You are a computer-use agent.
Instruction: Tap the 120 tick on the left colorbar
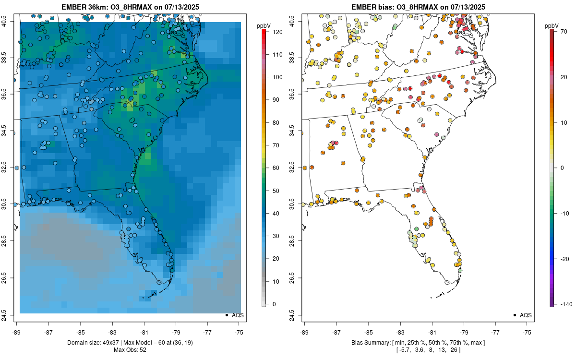tap(276, 32)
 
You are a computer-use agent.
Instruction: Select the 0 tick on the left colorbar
tap(273, 304)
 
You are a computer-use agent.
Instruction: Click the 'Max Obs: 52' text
tap(130, 350)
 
